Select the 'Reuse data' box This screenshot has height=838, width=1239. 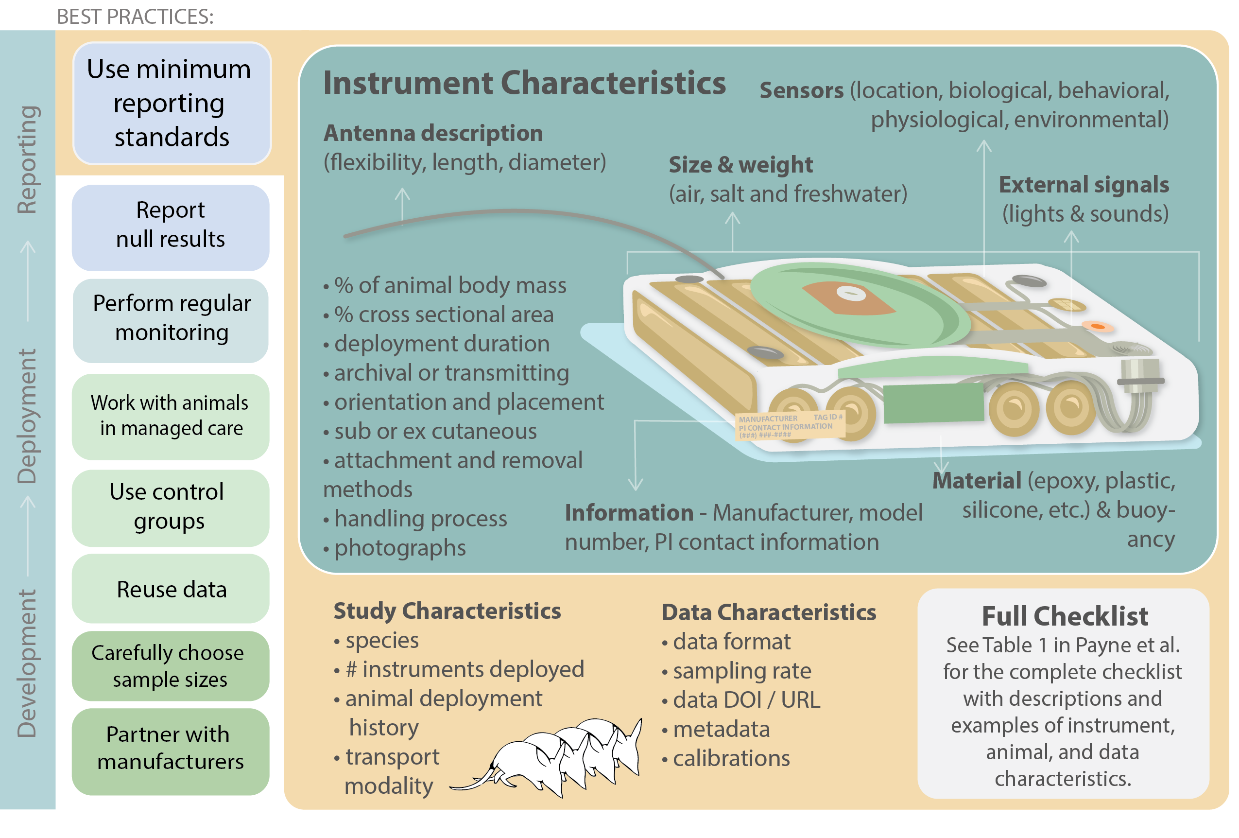coord(171,590)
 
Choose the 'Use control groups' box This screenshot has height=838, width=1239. coord(170,507)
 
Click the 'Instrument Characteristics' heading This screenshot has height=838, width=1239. coord(524,83)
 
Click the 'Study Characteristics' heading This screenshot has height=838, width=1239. coord(447,611)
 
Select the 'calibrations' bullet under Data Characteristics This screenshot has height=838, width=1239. coord(731,758)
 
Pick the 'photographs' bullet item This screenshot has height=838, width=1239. coord(400,548)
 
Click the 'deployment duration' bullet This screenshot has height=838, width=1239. coord(442,344)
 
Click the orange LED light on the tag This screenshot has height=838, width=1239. coord(1097,326)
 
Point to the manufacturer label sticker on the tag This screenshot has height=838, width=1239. coord(790,426)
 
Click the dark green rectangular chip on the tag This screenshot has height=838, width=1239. coord(933,403)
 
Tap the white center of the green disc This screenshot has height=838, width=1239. coord(847,292)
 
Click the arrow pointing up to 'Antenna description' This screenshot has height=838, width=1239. coord(402,203)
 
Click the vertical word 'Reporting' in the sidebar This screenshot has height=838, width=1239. coord(27,160)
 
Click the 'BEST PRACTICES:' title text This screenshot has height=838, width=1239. coord(136,17)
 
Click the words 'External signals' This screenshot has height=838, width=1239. coord(1084,185)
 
